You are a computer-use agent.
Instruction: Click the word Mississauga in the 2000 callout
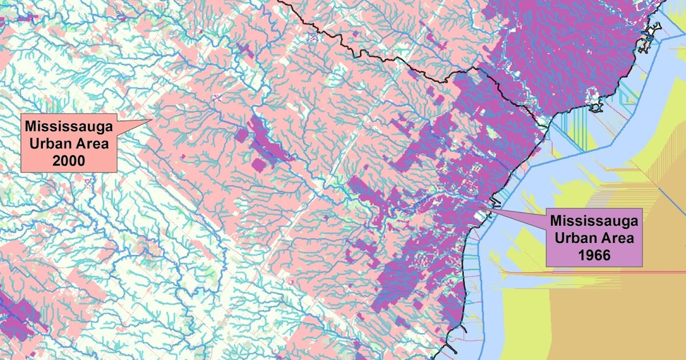pyautogui.click(x=69, y=125)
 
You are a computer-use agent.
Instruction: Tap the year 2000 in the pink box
pyautogui.click(x=69, y=161)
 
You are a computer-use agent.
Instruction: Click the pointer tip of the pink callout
pyautogui.click(x=151, y=119)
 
